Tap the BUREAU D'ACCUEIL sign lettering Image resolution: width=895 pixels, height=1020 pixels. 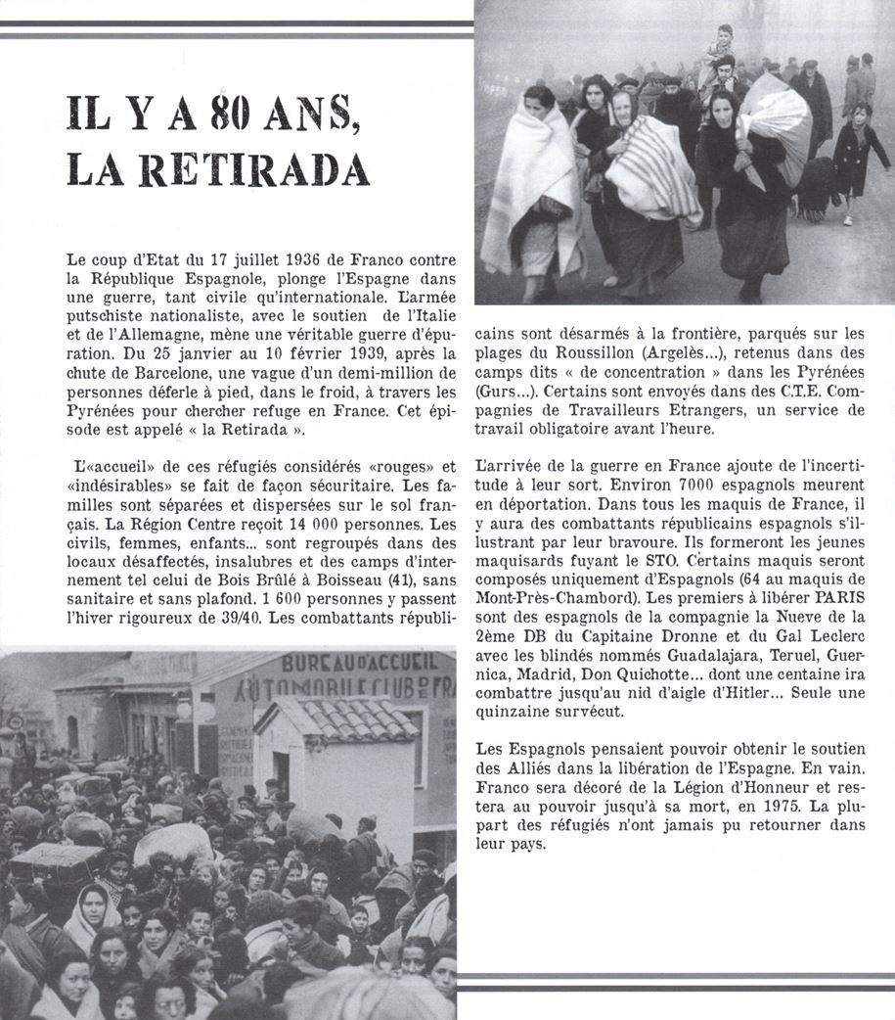click(360, 664)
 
